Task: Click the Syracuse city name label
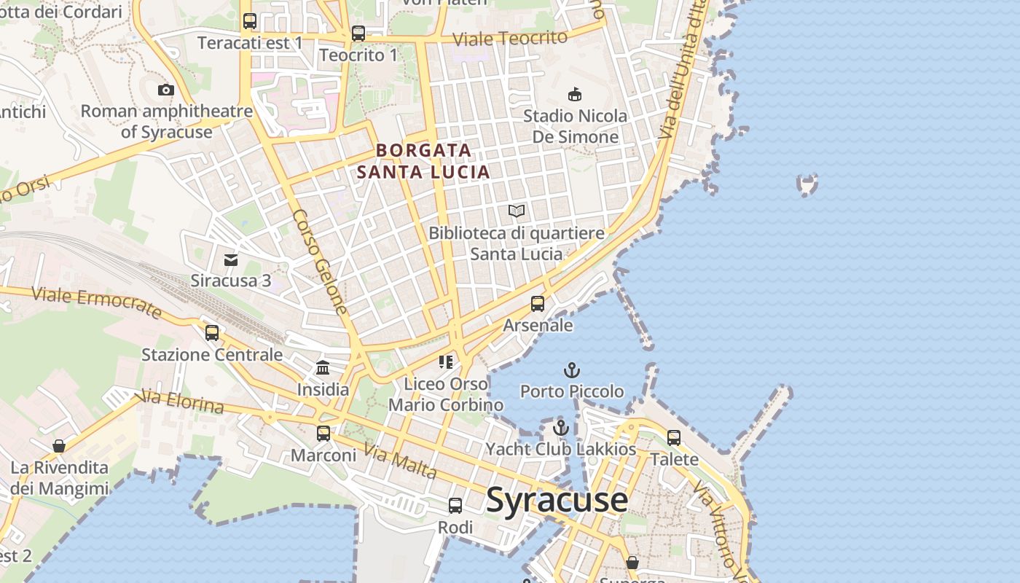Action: tap(557, 500)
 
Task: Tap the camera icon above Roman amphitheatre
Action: tap(166, 90)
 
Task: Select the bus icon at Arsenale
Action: tap(538, 304)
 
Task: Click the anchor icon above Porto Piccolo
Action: tap(572, 370)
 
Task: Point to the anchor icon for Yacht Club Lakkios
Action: tap(560, 428)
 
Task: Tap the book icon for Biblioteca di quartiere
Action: tap(517, 211)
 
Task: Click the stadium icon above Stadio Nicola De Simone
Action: tap(575, 94)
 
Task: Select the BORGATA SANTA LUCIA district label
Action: tap(423, 161)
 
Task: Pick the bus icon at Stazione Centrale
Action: tap(212, 333)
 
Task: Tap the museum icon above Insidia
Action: tap(323, 368)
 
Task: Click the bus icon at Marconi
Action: tap(323, 434)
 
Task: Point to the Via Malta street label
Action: tap(400, 462)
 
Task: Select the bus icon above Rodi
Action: tap(455, 505)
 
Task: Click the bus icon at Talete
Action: tap(674, 438)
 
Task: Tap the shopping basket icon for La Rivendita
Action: tap(59, 446)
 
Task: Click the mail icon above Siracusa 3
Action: tap(231, 259)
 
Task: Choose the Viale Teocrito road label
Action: tap(509, 39)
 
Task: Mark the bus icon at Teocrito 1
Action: tap(358, 34)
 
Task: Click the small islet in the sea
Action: tap(807, 184)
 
